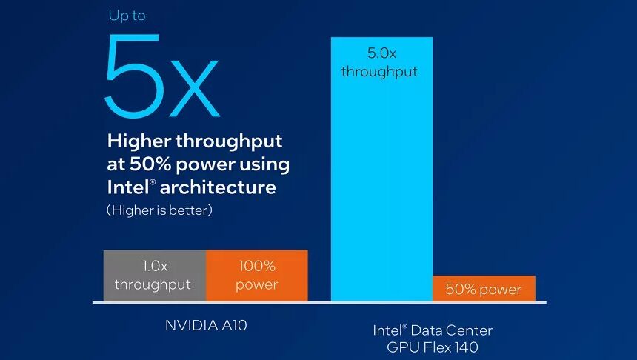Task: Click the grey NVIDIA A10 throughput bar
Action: point(154,275)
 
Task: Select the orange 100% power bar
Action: point(256,275)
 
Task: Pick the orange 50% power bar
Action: point(483,289)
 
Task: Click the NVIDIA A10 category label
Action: point(205,324)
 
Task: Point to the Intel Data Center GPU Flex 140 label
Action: point(433,337)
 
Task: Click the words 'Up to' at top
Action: point(127,16)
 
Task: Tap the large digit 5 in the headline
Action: point(134,76)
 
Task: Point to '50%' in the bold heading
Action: point(153,164)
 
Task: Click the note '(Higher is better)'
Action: point(159,210)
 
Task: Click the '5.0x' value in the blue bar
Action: point(381,53)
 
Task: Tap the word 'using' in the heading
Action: point(266,164)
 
